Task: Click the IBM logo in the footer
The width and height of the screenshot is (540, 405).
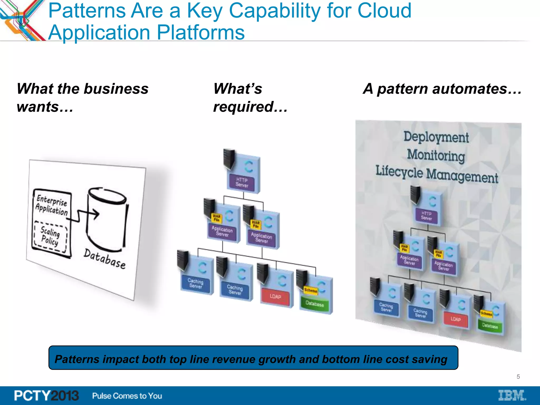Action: point(512,395)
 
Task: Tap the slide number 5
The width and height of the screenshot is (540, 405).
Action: point(518,377)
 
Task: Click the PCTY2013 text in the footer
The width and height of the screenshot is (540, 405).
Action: point(46,396)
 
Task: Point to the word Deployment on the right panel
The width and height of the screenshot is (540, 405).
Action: point(436,137)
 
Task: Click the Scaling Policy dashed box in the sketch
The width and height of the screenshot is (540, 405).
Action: point(50,236)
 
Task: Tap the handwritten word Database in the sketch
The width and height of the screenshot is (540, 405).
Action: point(105,259)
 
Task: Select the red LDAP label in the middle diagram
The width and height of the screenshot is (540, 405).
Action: point(275,296)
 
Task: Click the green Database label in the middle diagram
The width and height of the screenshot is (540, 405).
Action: point(315,304)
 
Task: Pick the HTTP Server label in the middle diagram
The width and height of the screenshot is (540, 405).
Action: point(242,182)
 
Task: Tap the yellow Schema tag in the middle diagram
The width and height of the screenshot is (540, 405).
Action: point(311,290)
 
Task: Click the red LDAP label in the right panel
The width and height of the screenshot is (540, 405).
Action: point(456,319)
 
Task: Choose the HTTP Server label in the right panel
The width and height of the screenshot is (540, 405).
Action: point(426,216)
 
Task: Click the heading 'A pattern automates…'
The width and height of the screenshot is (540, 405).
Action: point(442,89)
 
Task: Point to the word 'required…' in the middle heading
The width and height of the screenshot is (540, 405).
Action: point(250,107)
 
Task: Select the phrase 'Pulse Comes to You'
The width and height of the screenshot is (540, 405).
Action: point(127,396)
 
